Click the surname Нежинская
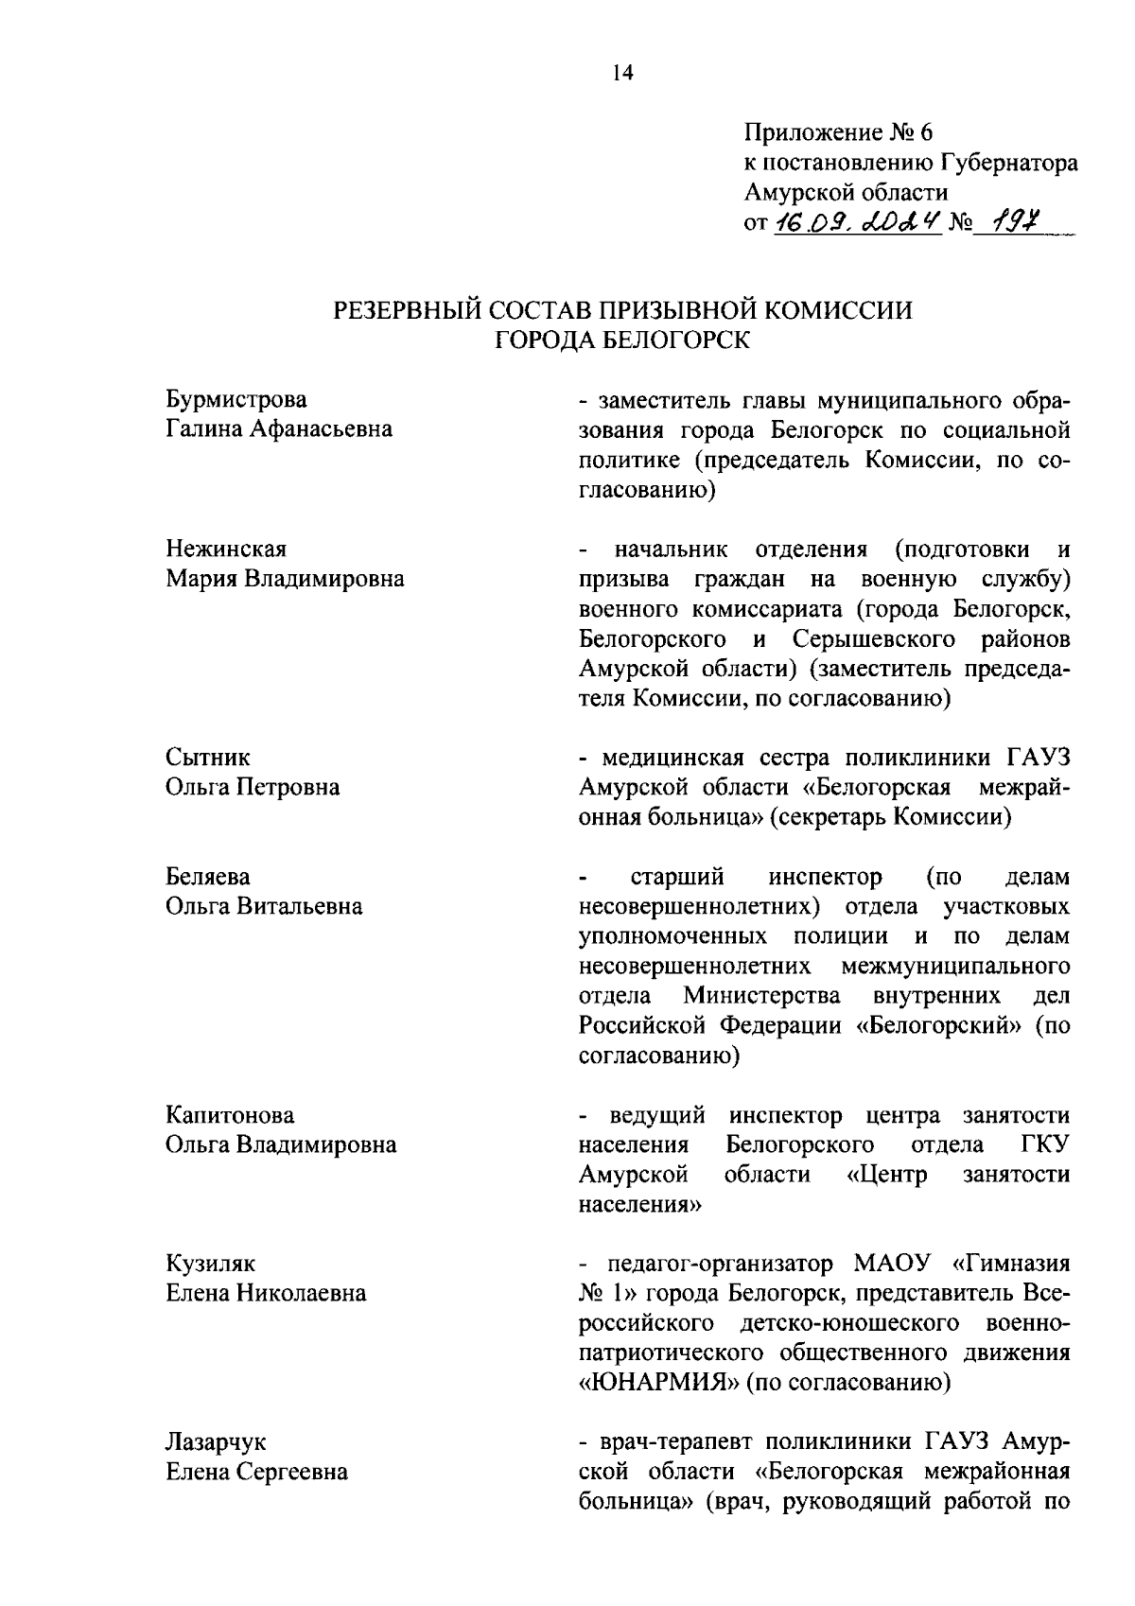click(226, 550)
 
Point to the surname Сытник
click(208, 758)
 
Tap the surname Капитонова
click(230, 1115)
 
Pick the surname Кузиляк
click(210, 1264)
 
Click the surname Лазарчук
click(216, 1442)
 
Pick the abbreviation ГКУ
click(1045, 1144)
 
